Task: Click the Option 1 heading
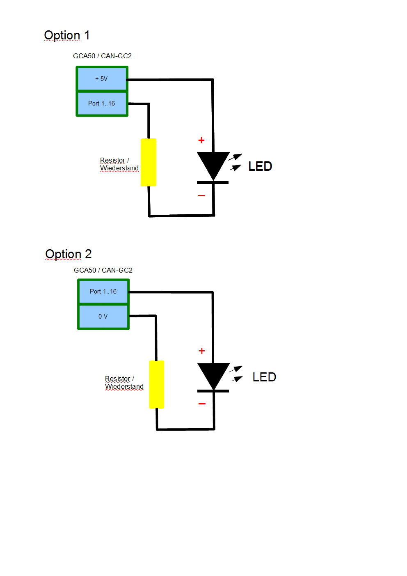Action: (x=66, y=36)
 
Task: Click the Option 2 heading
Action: (x=68, y=255)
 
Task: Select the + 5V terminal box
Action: (x=102, y=79)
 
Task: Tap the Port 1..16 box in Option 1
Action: (x=102, y=104)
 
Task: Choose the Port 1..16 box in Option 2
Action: (x=103, y=292)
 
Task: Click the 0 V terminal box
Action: (x=103, y=317)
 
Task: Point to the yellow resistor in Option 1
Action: (x=149, y=163)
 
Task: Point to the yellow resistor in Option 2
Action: (x=156, y=384)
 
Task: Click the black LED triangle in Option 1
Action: (x=213, y=164)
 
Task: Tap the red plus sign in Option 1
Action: (x=201, y=140)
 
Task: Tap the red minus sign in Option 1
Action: (x=201, y=196)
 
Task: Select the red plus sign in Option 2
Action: (x=202, y=351)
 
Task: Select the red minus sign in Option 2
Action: (x=202, y=404)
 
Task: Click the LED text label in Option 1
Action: (x=260, y=166)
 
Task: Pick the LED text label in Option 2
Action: (x=264, y=377)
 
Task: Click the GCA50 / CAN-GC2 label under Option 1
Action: (x=102, y=56)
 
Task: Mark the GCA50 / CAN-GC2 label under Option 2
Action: (x=103, y=270)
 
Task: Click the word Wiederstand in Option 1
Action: (x=119, y=168)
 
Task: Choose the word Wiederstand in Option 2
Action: (x=124, y=387)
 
